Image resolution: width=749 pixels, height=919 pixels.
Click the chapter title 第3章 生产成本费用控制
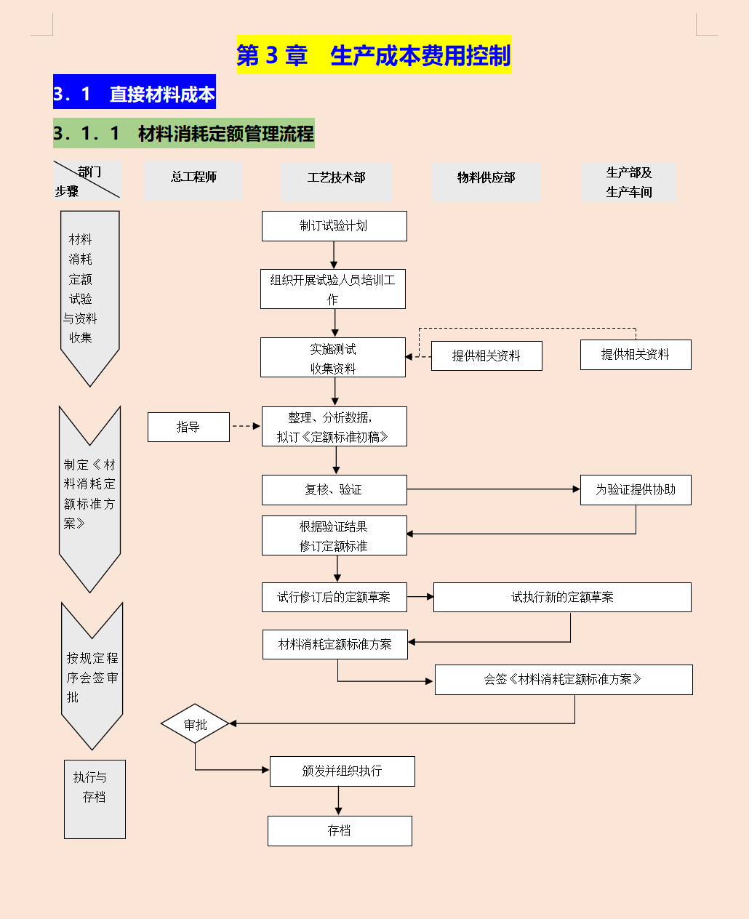pos(374,55)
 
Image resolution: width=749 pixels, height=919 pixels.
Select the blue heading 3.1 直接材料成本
pos(135,93)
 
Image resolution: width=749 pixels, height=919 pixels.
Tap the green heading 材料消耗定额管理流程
pos(184,134)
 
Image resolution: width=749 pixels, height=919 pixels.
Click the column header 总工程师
pos(193,177)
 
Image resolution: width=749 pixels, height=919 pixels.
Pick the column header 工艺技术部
pos(336,178)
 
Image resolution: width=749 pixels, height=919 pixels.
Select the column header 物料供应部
pos(486,178)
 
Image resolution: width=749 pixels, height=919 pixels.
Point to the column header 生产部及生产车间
pos(629,182)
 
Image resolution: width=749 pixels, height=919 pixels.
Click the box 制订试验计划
pos(334,226)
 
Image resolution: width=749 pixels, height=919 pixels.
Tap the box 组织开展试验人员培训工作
pos(333,289)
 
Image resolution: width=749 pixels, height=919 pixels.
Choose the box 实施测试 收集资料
pos(333,358)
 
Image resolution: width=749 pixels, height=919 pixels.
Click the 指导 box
pos(188,428)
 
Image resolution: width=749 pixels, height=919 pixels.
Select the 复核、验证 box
pos(334,490)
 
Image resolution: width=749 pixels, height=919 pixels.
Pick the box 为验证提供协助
pos(636,490)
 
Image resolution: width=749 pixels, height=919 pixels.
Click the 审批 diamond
pos(196,724)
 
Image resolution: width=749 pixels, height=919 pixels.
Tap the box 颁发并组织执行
pos(342,771)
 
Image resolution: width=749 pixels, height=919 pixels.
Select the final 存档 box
pos(340,831)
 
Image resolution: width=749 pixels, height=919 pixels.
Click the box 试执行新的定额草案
pos(562,598)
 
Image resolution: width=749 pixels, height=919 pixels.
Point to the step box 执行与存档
pos(95,799)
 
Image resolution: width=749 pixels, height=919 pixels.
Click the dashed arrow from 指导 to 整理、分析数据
pos(245,427)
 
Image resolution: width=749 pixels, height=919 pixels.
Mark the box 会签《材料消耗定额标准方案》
pos(564,680)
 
